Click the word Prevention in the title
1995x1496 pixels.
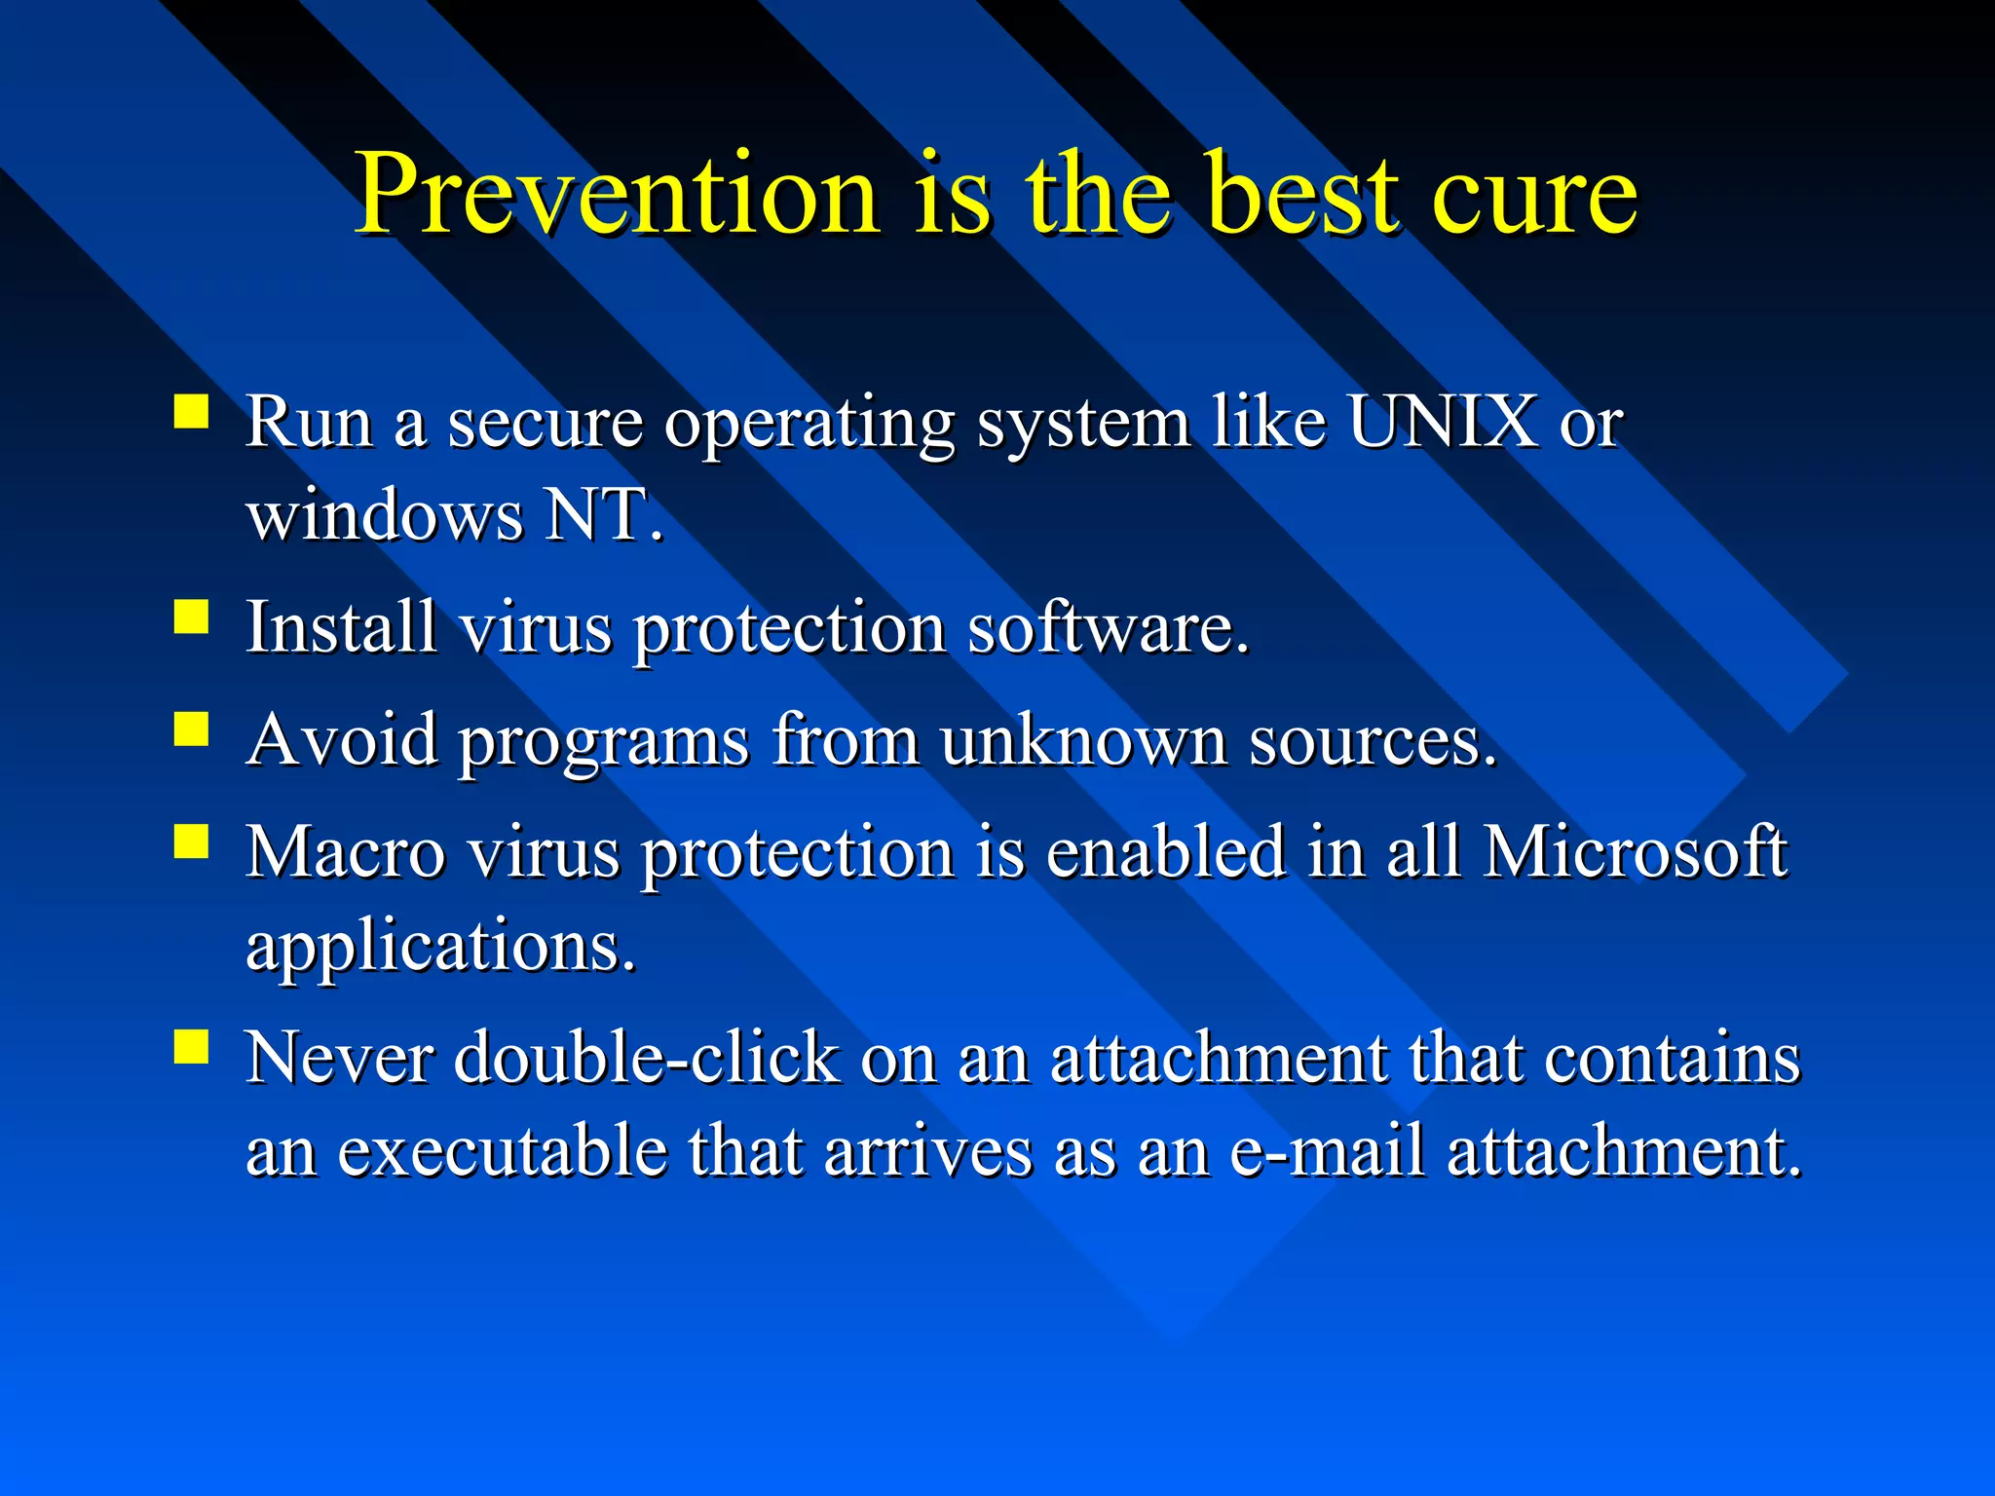tap(618, 195)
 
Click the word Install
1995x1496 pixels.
tap(340, 626)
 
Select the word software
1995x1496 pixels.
tap(1107, 626)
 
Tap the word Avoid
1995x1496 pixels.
tap(343, 739)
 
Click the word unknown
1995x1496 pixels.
tap(1083, 739)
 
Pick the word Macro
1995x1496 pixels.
tap(345, 852)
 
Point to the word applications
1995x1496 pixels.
tap(440, 947)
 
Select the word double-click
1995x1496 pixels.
tap(646, 1058)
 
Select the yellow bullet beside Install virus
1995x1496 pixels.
tap(192, 617)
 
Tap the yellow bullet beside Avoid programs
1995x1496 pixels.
tap(192, 729)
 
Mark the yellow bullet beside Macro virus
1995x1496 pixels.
tap(192, 841)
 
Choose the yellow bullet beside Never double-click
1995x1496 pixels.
tap(192, 1047)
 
